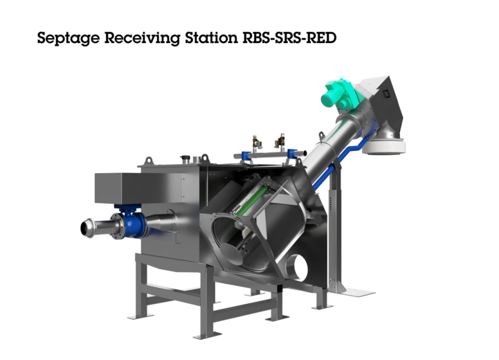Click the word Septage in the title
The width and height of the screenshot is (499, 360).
(68, 38)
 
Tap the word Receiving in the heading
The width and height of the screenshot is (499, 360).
(143, 38)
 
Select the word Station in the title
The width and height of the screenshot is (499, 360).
(211, 37)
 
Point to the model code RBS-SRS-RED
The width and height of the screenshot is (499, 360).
(289, 37)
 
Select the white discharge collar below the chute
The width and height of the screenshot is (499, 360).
(384, 147)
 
